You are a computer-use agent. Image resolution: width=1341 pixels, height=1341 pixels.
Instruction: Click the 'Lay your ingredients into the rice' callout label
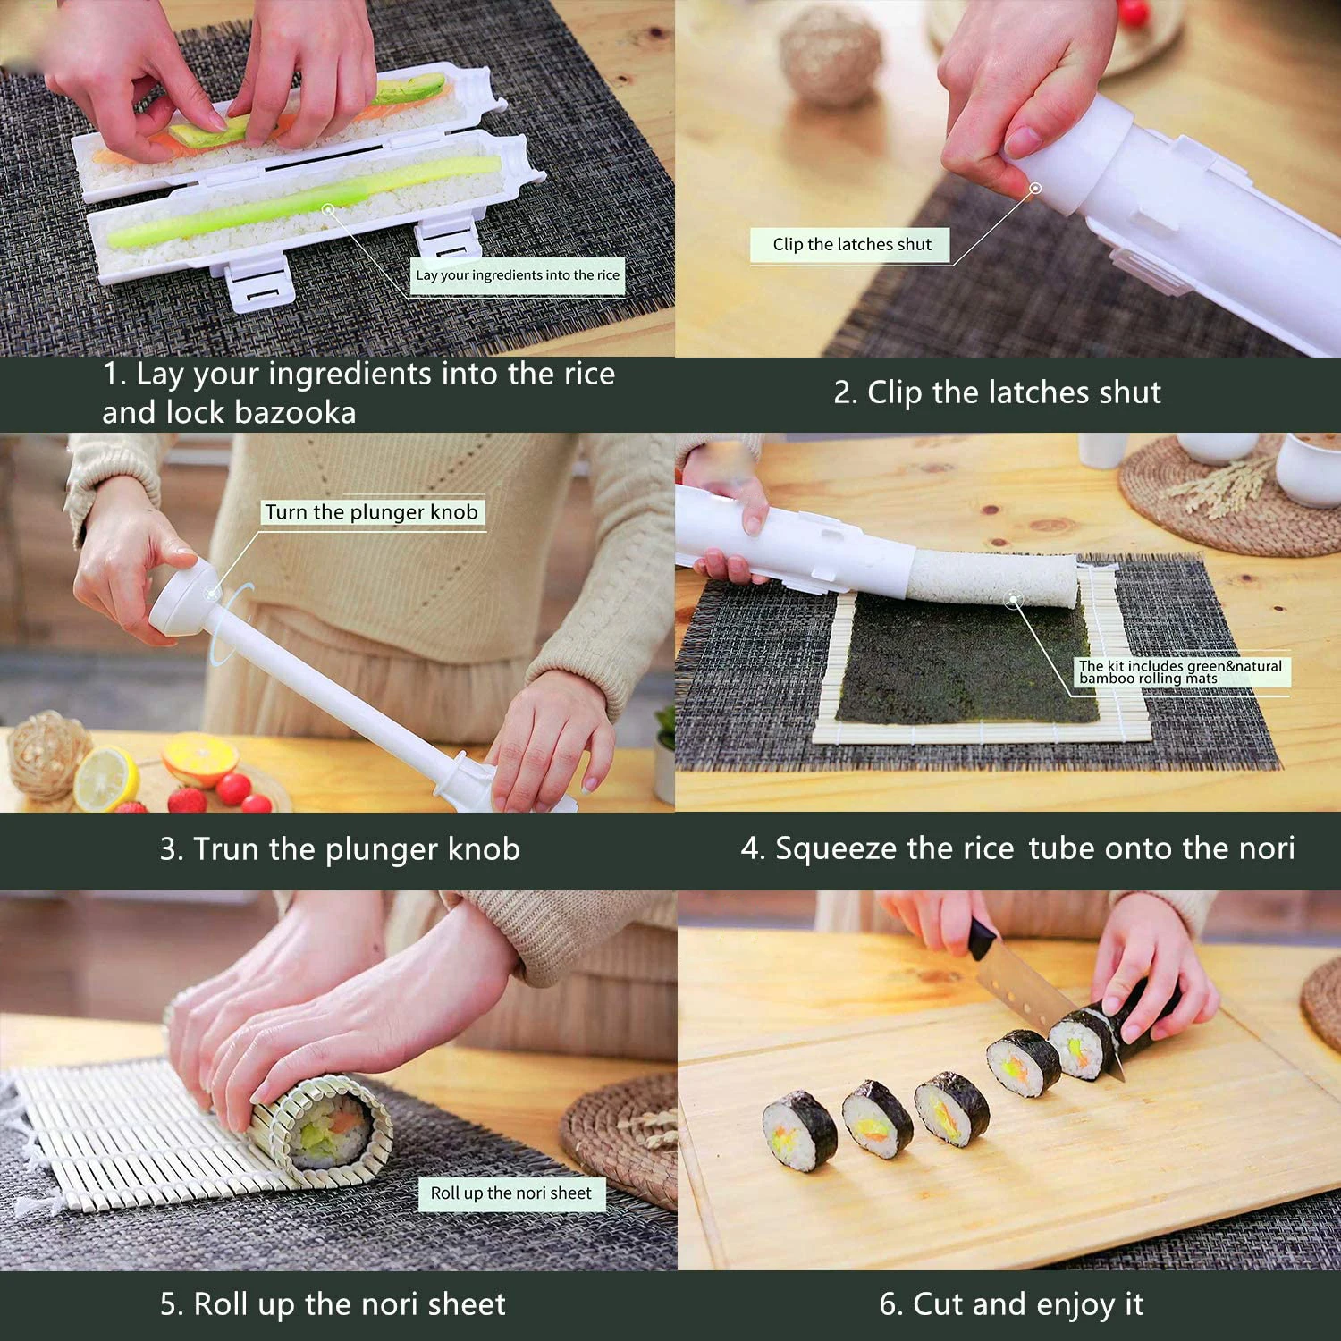pos(518,275)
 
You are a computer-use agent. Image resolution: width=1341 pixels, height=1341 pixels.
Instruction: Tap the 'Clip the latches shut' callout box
pos(851,245)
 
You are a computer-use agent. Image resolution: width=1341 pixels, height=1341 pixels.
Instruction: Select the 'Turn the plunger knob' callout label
pos(371,512)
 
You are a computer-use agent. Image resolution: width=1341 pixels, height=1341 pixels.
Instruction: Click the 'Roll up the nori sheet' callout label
pos(510,1193)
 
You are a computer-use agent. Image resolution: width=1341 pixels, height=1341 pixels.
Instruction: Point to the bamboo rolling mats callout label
pos(1180,672)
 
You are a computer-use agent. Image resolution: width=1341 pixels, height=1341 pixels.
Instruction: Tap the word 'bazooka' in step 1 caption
pos(295,413)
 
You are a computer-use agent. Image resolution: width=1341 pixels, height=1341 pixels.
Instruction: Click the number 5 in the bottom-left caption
pos(169,1304)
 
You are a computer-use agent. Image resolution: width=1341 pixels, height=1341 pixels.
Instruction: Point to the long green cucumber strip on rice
pos(304,201)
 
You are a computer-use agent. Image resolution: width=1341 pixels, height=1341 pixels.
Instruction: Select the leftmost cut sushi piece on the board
pos(800,1132)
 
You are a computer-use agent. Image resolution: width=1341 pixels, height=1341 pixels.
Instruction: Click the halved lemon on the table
pos(105,778)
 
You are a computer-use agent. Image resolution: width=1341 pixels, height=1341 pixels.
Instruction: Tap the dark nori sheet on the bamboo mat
pos(966,662)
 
